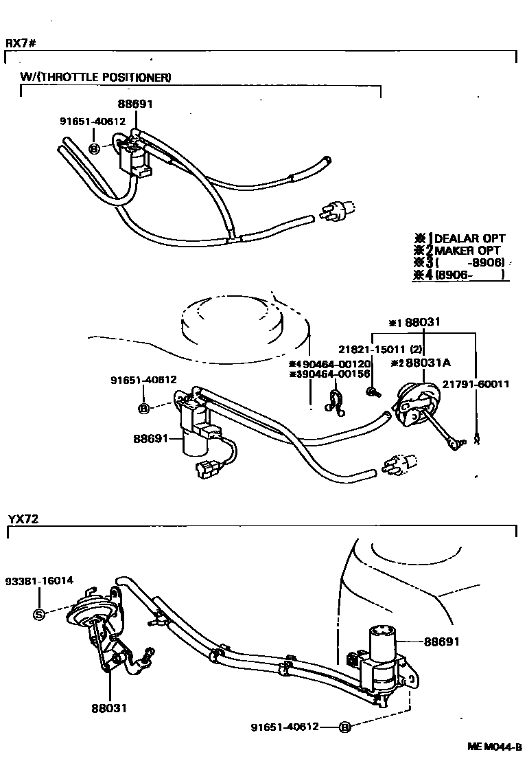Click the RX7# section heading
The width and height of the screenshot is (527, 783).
(21, 43)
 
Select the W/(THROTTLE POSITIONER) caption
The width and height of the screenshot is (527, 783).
(96, 78)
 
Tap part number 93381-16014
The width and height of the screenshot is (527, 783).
(40, 580)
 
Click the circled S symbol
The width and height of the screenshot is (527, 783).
(39, 614)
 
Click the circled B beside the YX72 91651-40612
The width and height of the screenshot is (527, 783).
(345, 727)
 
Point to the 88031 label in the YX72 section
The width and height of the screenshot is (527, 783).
(109, 708)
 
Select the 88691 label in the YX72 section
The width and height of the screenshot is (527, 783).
(441, 642)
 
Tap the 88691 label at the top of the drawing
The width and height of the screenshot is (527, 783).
(136, 104)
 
